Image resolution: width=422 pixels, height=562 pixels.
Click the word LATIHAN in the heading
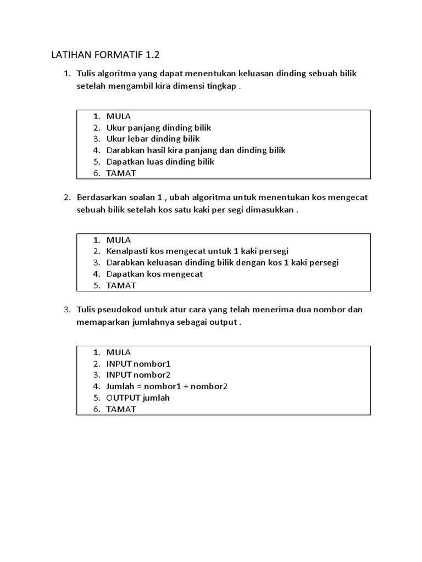pos(70,55)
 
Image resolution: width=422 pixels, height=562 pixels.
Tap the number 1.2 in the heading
pos(156,55)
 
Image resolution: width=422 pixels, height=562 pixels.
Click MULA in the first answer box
pos(119,116)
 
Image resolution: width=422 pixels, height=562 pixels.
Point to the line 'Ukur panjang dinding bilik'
pos(158,127)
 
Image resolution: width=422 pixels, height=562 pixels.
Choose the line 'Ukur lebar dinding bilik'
pos(153,139)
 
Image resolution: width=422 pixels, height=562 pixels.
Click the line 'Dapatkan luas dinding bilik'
pos(160,161)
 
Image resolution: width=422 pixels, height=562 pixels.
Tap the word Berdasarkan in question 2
pos(100,197)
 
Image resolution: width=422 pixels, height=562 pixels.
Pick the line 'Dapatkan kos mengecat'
pos(154,274)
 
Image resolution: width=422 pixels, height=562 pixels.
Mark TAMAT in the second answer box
pos(121,285)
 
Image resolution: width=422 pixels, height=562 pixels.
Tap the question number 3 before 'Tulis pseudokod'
pos(66,310)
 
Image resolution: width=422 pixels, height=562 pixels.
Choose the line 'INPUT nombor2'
pos(138,375)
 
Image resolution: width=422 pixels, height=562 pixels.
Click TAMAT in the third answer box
pos(121,409)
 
